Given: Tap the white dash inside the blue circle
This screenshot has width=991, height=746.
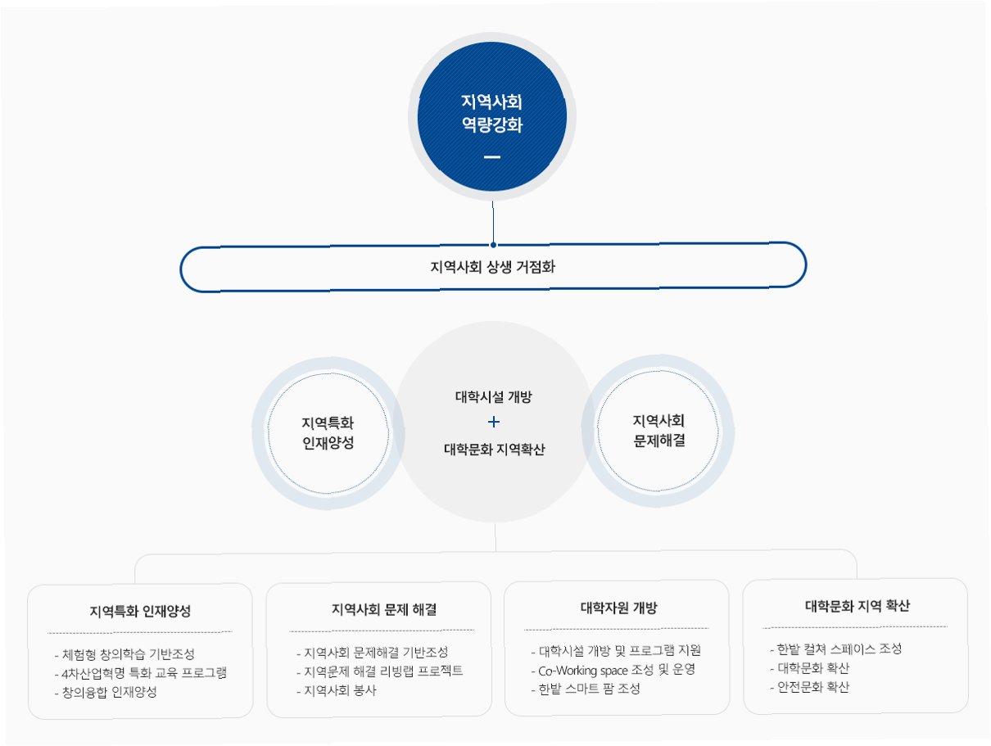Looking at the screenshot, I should (491, 156).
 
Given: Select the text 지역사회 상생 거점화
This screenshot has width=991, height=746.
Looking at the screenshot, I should (492, 266).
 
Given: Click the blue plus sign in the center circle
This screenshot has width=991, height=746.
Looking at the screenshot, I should (493, 423).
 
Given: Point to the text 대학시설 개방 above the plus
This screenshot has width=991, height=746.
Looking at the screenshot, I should (493, 397).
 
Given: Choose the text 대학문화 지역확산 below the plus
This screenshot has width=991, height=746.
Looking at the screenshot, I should (494, 449).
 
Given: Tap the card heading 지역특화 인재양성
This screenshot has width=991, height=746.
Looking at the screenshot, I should (140, 611).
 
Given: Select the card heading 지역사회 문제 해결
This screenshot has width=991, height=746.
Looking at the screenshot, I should (382, 609).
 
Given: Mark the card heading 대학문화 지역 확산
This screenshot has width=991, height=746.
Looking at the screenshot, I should (856, 606).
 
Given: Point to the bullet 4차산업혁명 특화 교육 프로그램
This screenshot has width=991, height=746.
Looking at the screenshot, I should (142, 672).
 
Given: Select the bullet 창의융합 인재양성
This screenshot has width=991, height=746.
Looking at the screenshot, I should (107, 691).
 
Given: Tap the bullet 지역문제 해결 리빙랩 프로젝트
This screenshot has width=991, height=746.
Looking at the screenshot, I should (382, 671).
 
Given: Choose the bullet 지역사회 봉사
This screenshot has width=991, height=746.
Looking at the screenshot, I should (337, 689).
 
